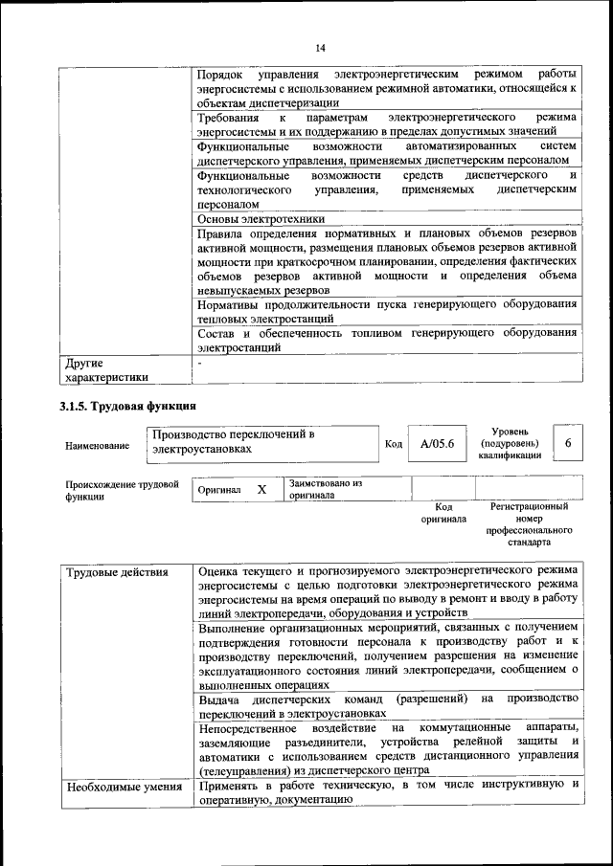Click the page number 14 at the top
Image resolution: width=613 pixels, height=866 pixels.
pyautogui.click(x=320, y=48)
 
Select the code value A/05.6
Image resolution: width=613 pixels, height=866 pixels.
pyautogui.click(x=430, y=443)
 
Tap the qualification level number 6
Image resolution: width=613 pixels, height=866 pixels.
pyautogui.click(x=568, y=443)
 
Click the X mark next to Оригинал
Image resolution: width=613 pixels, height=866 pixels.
pyautogui.click(x=261, y=489)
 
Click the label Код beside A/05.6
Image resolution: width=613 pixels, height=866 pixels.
pyautogui.click(x=393, y=444)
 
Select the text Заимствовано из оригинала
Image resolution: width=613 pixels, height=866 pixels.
pyautogui.click(x=325, y=489)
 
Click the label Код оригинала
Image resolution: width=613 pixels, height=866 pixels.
pyautogui.click(x=443, y=513)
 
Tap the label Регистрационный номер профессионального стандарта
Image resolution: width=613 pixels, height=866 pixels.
pyautogui.click(x=529, y=523)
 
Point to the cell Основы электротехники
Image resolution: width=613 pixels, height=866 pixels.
pyautogui.click(x=253, y=219)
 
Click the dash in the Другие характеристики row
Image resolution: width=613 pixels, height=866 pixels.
pyautogui.click(x=199, y=364)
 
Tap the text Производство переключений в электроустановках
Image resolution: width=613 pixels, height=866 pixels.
pyautogui.click(x=235, y=441)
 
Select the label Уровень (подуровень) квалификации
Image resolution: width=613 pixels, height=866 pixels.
pyautogui.click(x=510, y=443)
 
